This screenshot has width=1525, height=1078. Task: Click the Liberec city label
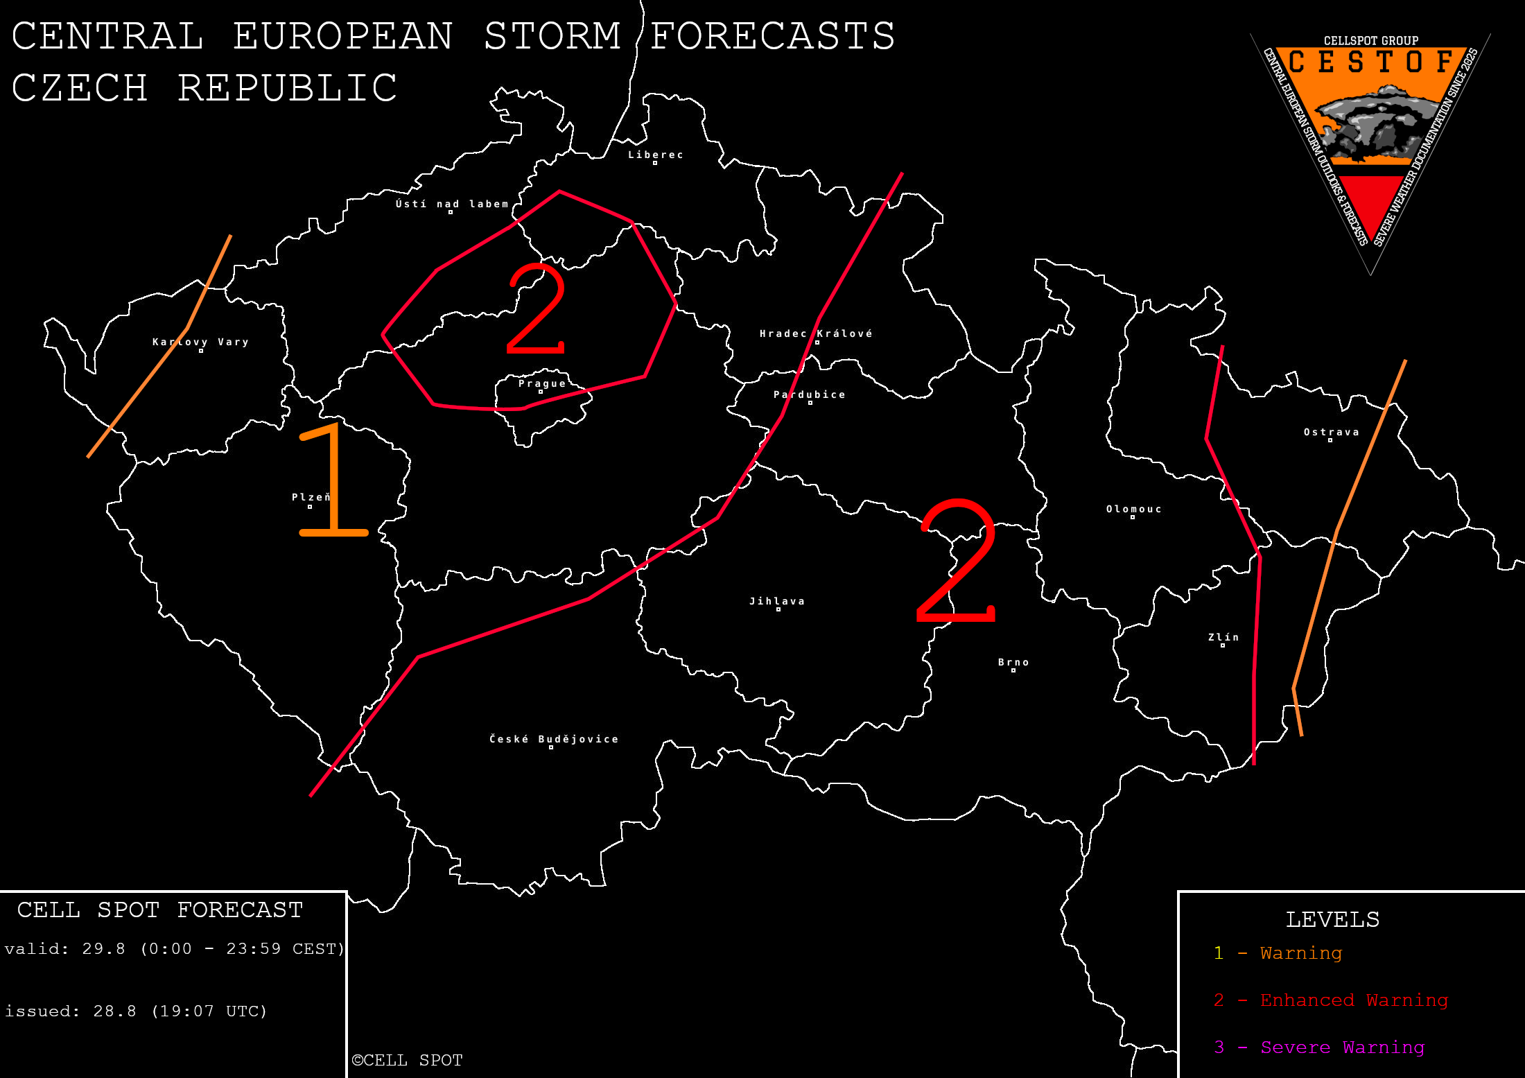pyautogui.click(x=655, y=155)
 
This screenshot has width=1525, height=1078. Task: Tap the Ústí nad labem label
pyautogui.click(x=452, y=204)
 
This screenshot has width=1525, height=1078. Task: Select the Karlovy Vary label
pyautogui.click(x=200, y=342)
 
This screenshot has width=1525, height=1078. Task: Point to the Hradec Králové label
pyautogui.click(x=816, y=333)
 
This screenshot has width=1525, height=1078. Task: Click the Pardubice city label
pyautogui.click(x=809, y=394)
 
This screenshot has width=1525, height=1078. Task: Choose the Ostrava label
pyautogui.click(x=1331, y=432)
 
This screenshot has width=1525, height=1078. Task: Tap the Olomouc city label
pyautogui.click(x=1133, y=509)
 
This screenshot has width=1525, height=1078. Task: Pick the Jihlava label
pyautogui.click(x=777, y=601)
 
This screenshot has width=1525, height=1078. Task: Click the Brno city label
pyautogui.click(x=1013, y=662)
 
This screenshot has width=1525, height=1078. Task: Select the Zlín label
pyautogui.click(x=1223, y=637)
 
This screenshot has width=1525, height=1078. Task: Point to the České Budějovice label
pyautogui.click(x=554, y=739)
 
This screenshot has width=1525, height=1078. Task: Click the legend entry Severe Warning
pyautogui.click(x=1341, y=1047)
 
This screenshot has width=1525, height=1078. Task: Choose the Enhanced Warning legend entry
pyautogui.click(x=1354, y=1000)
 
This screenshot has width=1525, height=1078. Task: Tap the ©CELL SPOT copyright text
pyautogui.click(x=407, y=1060)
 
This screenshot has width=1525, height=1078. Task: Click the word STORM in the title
pyautogui.click(x=552, y=36)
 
